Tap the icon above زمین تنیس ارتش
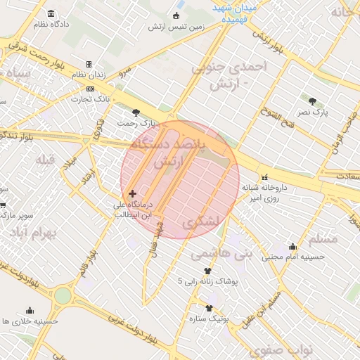tap(175, 16)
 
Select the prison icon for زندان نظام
tap(89, 64)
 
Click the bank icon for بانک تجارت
tap(90, 89)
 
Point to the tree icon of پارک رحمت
tap(136, 112)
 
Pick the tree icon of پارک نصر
tap(312, 100)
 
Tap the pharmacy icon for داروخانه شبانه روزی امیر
tap(265, 177)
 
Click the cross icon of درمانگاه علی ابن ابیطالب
tap(132, 193)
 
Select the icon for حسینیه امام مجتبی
tap(292, 247)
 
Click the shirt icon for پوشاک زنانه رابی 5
tap(207, 270)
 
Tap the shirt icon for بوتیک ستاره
tap(209, 307)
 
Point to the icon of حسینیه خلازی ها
tap(30, 310)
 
